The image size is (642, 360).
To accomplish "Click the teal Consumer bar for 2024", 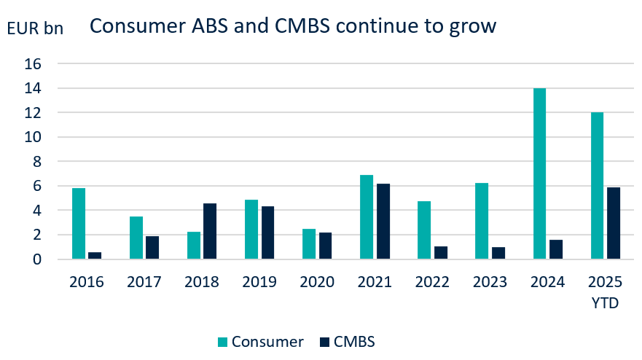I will coord(540,173).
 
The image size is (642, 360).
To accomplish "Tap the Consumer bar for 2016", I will coord(79,223).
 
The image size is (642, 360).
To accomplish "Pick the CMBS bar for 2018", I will coord(210,231).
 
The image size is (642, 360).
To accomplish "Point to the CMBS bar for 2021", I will coord(383,221).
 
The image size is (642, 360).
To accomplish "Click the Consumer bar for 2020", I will coord(309,243).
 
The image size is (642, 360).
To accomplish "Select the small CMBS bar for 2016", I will coord(95,255).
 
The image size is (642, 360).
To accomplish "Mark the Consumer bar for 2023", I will coord(482,221).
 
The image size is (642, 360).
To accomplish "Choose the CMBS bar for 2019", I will coord(267,232).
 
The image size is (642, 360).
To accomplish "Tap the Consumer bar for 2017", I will coord(136,238).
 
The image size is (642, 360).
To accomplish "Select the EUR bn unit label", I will coord(35,28).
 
